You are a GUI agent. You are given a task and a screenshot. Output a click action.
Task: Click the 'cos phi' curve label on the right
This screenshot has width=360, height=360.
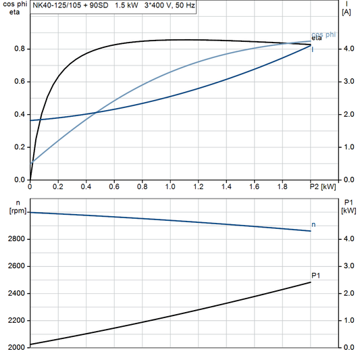pyautogui.click(x=323, y=34)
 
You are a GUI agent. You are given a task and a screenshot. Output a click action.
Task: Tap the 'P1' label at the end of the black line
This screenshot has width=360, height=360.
pyautogui.click(x=316, y=275)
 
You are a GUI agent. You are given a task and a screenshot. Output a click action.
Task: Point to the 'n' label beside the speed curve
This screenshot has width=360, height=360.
pyautogui.click(x=313, y=224)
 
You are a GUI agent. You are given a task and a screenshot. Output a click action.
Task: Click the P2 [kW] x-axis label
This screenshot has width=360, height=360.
pyautogui.click(x=322, y=186)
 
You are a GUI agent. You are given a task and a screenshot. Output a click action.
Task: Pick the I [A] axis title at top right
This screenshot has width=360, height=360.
pyautogui.click(x=346, y=8)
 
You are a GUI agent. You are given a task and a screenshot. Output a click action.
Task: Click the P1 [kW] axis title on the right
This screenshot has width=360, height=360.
pyautogui.click(x=349, y=207)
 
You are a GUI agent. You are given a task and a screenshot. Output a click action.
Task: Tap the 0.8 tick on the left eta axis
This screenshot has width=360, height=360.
pyautogui.click(x=20, y=49)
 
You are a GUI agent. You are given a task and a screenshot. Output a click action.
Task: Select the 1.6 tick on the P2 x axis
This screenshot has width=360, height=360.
pyautogui.click(x=254, y=186)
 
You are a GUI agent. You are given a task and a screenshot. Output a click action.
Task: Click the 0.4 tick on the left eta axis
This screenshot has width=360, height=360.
pyautogui.click(x=20, y=114)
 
